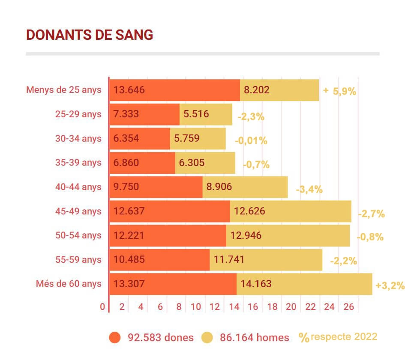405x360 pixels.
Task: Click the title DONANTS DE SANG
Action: coord(90,35)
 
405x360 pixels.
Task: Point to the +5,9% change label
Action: coord(340,91)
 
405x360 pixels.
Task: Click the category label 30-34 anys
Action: coord(78,138)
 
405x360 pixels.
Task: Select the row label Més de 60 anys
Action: coord(69,283)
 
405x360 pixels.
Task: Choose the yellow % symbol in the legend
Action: coord(304,338)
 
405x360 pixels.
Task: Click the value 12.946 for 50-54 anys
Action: coord(246,235)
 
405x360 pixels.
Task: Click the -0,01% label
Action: coord(251,141)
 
